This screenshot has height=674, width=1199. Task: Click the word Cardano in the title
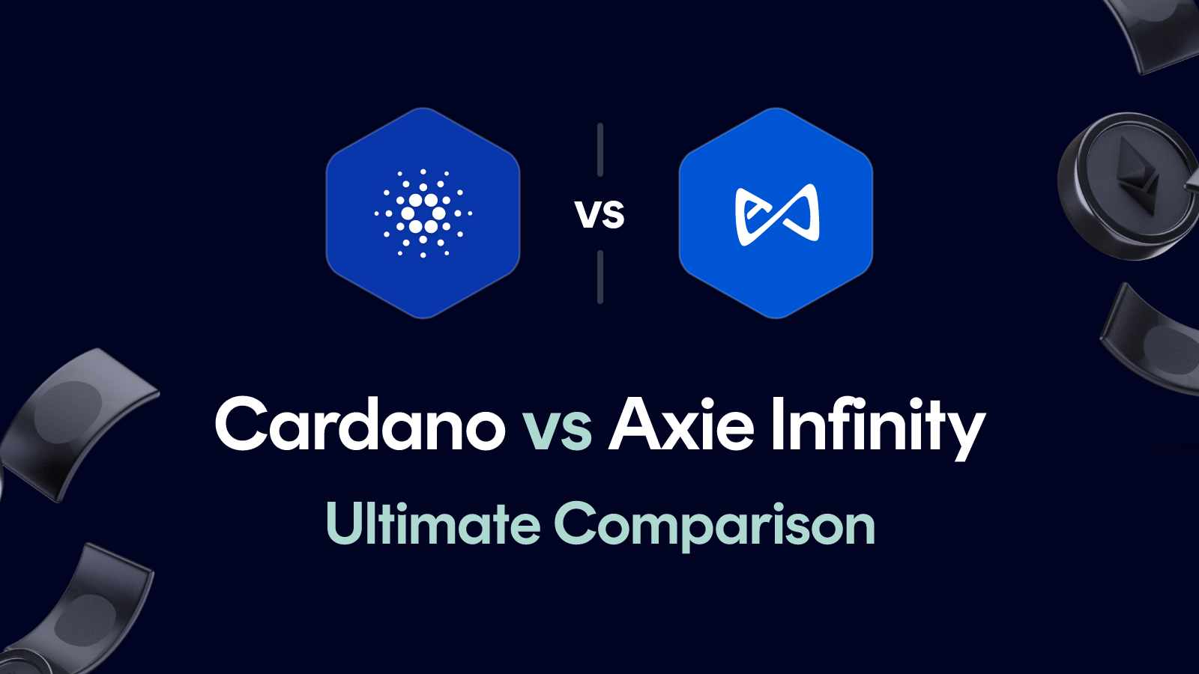pos(360,425)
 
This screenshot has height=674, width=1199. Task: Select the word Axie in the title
pos(680,425)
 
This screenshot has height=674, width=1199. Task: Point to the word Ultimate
pos(433,523)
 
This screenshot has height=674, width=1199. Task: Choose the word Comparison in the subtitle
pos(714,526)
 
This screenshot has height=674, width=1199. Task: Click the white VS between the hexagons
pos(599,214)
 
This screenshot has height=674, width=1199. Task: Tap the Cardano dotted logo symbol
pos(423,213)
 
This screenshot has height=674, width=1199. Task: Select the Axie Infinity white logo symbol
pos(776,214)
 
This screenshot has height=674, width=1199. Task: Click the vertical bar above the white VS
pos(600,150)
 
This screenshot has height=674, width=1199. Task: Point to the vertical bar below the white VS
pos(600,277)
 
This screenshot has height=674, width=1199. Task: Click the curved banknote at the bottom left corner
pos(82,607)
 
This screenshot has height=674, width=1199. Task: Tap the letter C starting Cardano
pos(241,425)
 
